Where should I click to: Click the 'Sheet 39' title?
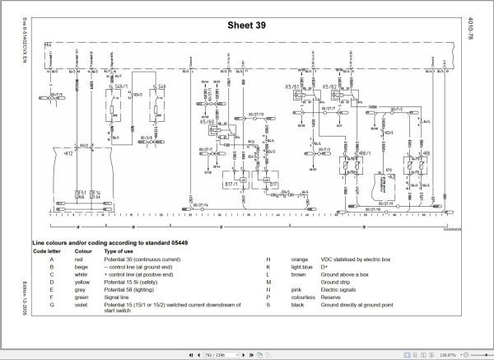pos(250,25)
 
